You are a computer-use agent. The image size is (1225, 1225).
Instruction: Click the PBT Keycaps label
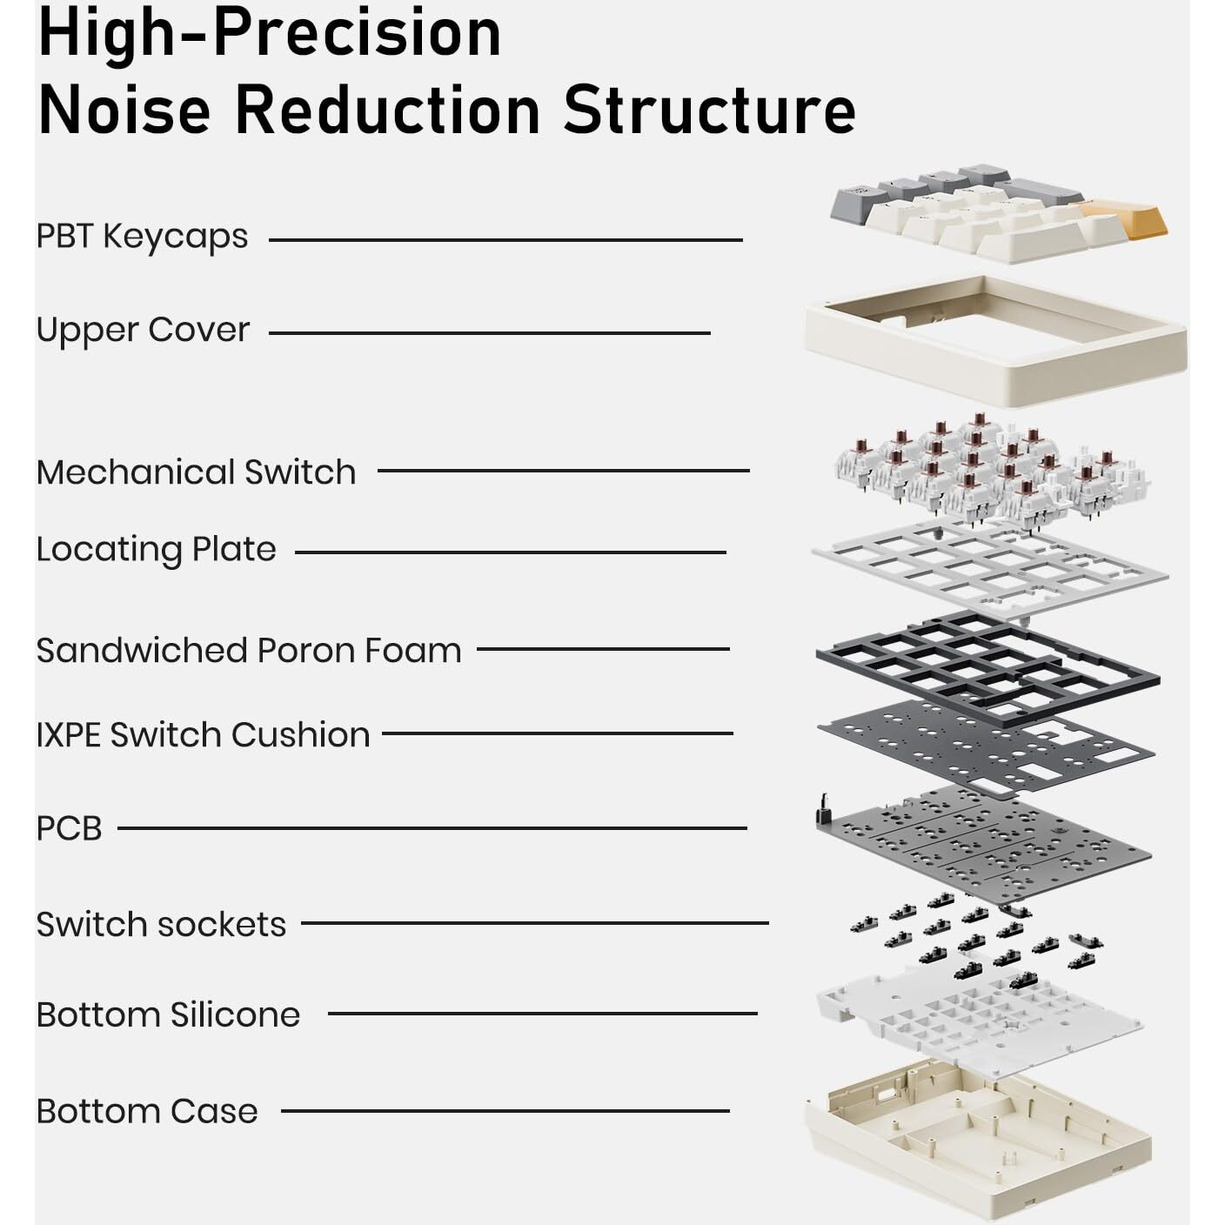[x=142, y=238]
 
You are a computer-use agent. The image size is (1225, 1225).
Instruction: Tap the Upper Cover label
[x=143, y=331]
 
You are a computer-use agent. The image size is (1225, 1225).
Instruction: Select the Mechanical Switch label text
[x=196, y=472]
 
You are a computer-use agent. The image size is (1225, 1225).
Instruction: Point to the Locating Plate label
[x=157, y=550]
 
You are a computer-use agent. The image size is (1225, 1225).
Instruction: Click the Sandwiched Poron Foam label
[x=249, y=650]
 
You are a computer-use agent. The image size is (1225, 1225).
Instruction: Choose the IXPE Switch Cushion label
[x=204, y=735]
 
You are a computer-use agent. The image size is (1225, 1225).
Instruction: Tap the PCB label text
[x=69, y=829]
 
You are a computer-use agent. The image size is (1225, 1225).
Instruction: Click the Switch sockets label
[x=161, y=924]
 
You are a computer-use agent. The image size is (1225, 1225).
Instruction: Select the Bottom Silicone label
[x=168, y=1014]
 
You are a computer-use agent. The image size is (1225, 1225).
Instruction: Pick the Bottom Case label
[x=147, y=1111]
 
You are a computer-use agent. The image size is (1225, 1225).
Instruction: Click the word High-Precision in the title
[x=270, y=32]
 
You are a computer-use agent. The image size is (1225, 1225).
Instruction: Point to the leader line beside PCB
[x=432, y=828]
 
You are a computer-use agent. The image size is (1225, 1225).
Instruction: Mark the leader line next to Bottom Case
[x=505, y=1110]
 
